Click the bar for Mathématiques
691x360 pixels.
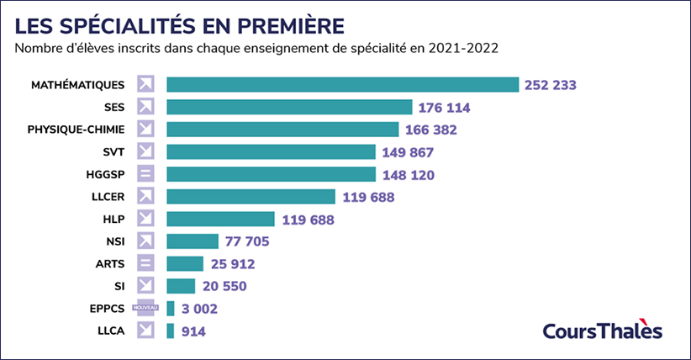(x=342, y=84)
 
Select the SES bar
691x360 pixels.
(x=289, y=107)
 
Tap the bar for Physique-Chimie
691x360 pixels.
(x=282, y=130)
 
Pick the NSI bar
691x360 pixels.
(x=193, y=242)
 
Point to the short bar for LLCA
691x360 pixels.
(x=171, y=331)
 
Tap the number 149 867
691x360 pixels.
(x=407, y=152)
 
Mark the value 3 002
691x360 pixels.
(x=200, y=310)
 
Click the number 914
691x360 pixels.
(x=193, y=331)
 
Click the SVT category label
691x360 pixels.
(x=113, y=152)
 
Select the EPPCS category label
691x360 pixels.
(x=106, y=309)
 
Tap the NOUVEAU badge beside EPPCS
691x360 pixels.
(x=146, y=309)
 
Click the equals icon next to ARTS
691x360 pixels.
(x=146, y=264)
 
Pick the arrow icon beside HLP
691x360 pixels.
(x=146, y=220)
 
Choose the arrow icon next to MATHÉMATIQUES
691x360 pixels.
(x=146, y=84)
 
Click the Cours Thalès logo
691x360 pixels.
(x=602, y=331)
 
